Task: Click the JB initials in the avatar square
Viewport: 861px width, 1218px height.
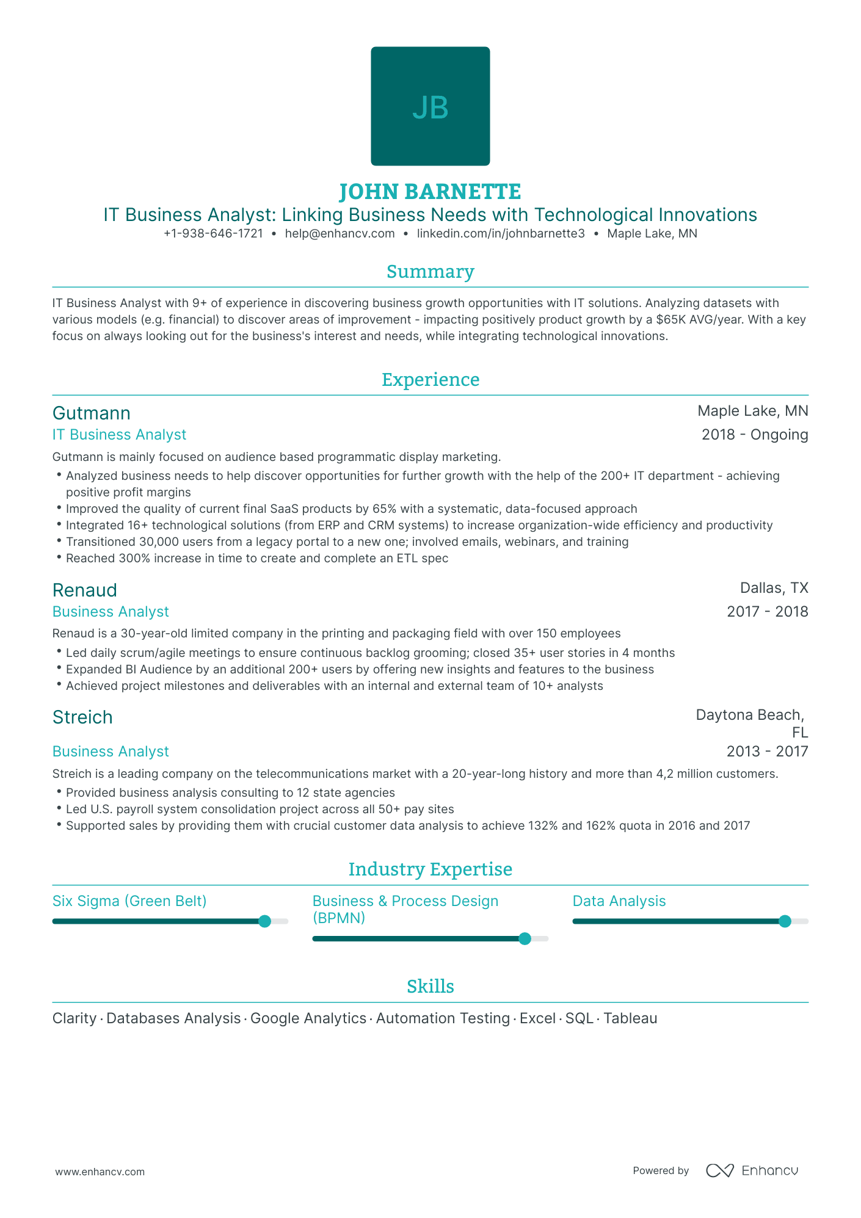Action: pos(431,107)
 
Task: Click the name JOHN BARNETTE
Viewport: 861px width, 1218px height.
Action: pos(431,192)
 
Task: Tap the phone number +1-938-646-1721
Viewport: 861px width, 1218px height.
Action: pos(213,233)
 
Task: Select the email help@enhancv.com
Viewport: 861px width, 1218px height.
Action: pos(340,233)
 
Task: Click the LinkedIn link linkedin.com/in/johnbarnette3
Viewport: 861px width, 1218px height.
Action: pos(501,233)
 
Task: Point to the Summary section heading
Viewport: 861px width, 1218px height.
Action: pos(431,272)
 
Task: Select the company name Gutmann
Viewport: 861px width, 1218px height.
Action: pos(92,413)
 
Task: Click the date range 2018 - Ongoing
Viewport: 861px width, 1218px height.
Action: pos(755,435)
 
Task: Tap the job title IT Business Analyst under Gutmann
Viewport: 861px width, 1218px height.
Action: pos(119,435)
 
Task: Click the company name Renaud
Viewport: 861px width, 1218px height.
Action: pos(85,590)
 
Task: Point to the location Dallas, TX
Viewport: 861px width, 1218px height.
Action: pos(774,588)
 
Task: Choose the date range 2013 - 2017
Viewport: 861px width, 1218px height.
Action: pos(767,752)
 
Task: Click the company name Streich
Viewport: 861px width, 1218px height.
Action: pos(82,717)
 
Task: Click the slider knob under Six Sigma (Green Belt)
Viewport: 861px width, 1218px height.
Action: pos(264,921)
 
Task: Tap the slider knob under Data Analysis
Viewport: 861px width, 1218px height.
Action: pos(785,921)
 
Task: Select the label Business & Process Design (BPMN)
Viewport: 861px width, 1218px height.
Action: pos(405,909)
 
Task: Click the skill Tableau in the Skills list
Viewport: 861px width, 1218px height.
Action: pos(630,1018)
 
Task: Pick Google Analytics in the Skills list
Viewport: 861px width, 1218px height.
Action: pos(308,1018)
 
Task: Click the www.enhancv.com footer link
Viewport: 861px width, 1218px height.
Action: pos(100,1172)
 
